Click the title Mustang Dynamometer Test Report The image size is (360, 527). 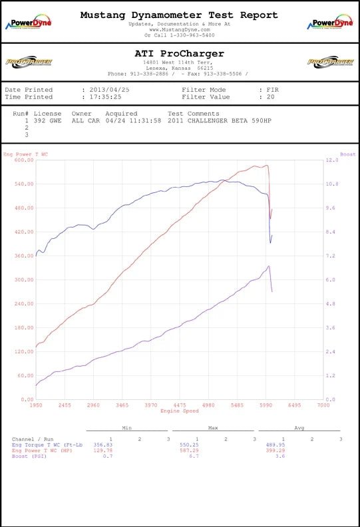(180, 14)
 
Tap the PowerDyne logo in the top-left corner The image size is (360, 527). (29, 23)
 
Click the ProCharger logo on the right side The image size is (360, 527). (329, 62)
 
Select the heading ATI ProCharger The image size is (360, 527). (180, 53)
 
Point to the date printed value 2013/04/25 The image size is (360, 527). (109, 89)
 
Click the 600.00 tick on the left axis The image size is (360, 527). (24, 160)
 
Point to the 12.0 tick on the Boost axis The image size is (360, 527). (330, 160)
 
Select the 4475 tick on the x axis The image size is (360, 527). (179, 405)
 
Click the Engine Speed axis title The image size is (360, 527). (179, 411)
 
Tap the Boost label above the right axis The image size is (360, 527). (347, 154)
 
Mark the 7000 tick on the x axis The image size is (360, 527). (323, 405)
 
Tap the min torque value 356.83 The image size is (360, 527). (103, 444)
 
